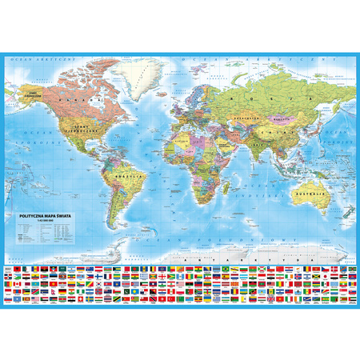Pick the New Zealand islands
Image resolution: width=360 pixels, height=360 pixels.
[x=340, y=214]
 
